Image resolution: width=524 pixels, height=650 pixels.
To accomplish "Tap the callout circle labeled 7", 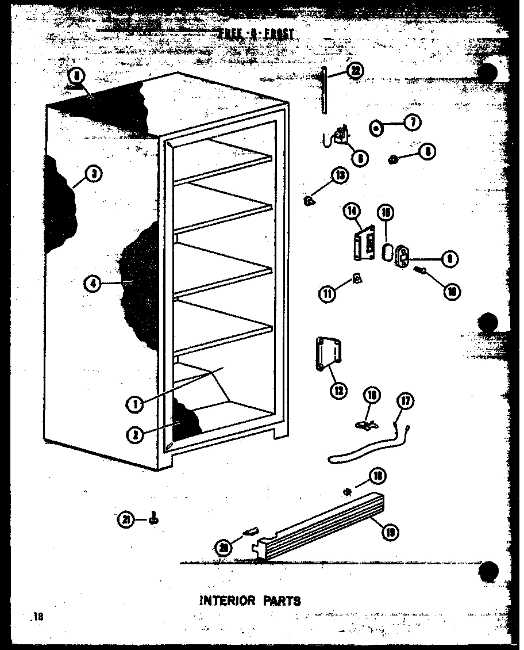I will (413, 123).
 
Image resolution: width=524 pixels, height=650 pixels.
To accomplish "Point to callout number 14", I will (352, 212).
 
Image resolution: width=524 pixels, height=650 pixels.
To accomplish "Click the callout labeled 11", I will (328, 294).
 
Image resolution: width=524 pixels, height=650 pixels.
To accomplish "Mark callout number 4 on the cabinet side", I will (93, 282).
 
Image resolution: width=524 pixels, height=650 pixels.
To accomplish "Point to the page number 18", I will (38, 618).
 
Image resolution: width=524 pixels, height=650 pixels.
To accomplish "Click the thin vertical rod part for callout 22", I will (325, 91).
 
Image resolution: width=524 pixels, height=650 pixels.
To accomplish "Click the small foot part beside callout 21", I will (153, 519).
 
